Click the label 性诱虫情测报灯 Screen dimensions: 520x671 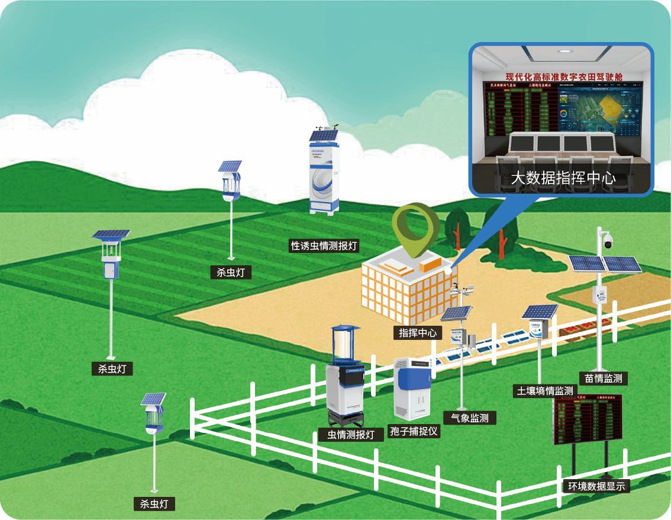325,246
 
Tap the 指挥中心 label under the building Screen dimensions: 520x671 418,333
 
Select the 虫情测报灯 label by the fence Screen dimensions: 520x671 351,435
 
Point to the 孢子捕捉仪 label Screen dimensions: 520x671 414,431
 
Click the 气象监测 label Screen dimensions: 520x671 470,418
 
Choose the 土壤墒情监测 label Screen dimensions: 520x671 545,391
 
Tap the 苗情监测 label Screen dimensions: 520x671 603,378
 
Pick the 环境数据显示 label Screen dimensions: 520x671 596,486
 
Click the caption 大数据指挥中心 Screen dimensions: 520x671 563,178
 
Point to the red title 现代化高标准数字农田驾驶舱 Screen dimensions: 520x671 564,76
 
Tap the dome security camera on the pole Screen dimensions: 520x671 607,240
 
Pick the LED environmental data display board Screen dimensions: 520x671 587,420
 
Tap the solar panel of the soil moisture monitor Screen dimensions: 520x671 540,312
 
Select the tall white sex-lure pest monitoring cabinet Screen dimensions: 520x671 324,172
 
